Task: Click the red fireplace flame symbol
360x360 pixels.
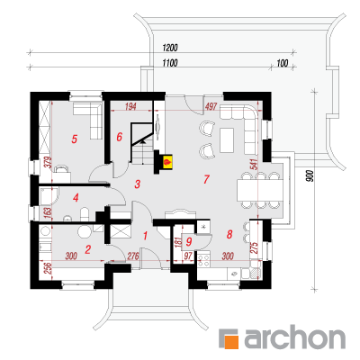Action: tap(166, 163)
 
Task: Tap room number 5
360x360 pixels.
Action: tap(75, 139)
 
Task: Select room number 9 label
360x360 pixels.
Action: tap(189, 241)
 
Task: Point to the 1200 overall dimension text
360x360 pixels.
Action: tap(170, 48)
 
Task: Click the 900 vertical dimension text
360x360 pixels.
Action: tap(310, 176)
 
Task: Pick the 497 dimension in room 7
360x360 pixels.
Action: tap(211, 106)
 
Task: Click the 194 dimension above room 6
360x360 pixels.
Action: tap(130, 106)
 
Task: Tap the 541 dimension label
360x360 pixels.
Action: tap(255, 164)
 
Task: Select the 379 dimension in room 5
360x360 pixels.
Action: tap(49, 162)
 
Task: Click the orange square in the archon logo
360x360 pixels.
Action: tap(231, 342)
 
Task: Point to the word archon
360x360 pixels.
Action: tap(294, 338)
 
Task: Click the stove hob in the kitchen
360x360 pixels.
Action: tap(204, 260)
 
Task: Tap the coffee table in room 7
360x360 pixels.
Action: tap(227, 140)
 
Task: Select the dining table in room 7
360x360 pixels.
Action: tap(260, 190)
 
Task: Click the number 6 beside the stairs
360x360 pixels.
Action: tap(120, 137)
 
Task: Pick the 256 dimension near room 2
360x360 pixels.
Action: tap(48, 268)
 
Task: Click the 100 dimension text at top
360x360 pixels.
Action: tap(283, 63)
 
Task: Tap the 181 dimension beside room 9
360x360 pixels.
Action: tap(178, 241)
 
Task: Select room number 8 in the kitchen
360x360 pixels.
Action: tap(229, 234)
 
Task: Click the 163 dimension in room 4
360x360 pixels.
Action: tap(48, 212)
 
